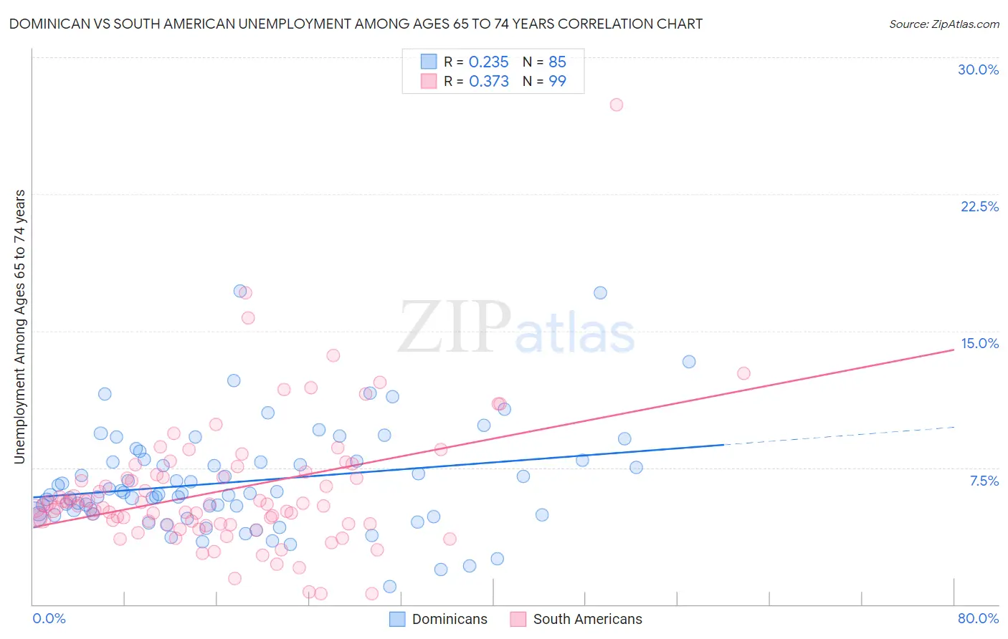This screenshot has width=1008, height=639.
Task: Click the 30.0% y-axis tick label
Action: pos(978,69)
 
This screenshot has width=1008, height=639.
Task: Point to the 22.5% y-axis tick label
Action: pos(979,206)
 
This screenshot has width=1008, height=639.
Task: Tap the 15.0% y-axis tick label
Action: pos(979,343)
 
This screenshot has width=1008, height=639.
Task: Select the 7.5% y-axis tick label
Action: pos(984,481)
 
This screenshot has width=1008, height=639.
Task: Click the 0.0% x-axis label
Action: pos(49,618)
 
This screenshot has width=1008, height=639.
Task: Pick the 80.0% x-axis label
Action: pos(978,618)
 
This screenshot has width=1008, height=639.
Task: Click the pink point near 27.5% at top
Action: pos(617,105)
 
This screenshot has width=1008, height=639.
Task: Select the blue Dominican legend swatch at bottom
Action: pos(397,619)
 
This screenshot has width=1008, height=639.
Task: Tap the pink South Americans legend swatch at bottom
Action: pos(518,619)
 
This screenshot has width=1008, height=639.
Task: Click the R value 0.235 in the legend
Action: pos(488,62)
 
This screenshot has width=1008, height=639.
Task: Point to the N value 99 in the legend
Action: pos(557,82)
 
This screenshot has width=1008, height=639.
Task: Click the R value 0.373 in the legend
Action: pos(488,82)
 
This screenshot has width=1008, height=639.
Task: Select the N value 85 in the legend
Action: pos(557,62)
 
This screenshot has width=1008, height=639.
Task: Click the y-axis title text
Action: pos(20,327)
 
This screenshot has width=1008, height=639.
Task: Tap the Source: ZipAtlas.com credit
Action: pos(943,24)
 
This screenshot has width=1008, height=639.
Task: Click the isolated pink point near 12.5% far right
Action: pos(743,373)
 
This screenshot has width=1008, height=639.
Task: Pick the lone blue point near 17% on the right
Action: pos(600,293)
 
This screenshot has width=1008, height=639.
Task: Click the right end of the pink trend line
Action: pos(952,349)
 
